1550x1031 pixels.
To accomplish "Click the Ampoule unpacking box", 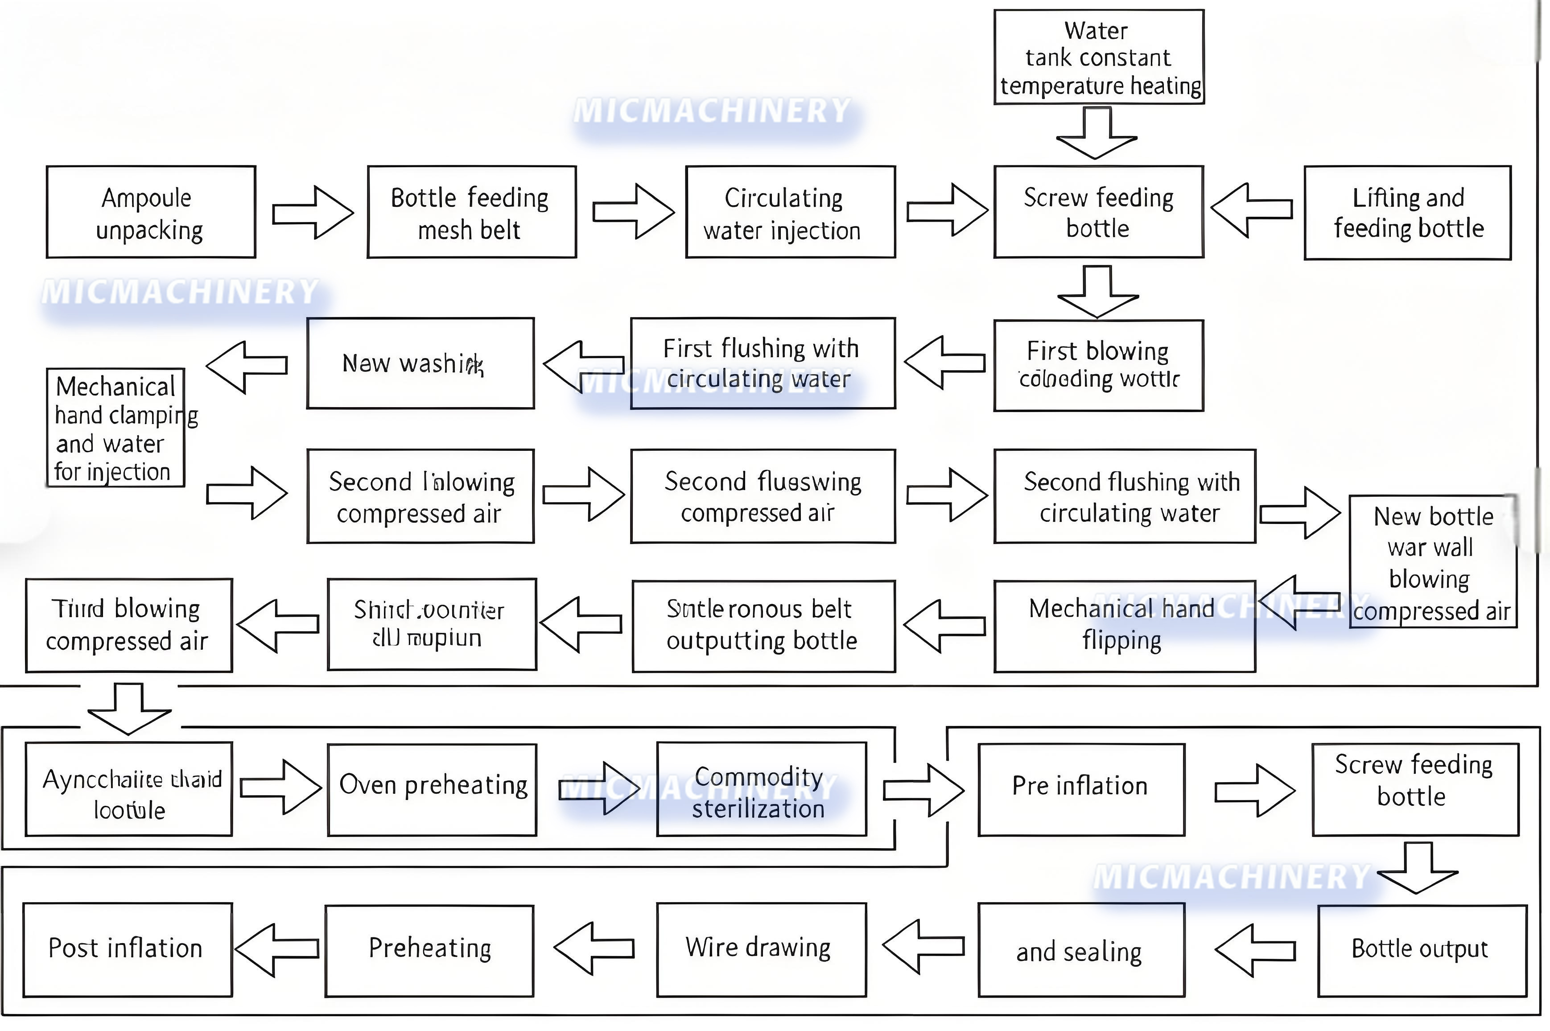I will click(151, 212).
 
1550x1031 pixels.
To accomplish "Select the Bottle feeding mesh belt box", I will click(471, 212).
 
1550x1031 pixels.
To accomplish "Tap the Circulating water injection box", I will click(790, 212).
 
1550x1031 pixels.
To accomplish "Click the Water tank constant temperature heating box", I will click(1098, 57).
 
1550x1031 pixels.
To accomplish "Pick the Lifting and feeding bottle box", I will click(1407, 212).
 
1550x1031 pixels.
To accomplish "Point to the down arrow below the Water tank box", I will click(1097, 133).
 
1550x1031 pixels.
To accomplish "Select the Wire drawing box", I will click(761, 949).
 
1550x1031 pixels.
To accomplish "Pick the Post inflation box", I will click(128, 949).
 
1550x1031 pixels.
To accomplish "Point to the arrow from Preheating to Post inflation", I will click(277, 949).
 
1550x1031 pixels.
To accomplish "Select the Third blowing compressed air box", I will click(129, 625).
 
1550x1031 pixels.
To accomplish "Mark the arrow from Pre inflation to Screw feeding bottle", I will click(1254, 790).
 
